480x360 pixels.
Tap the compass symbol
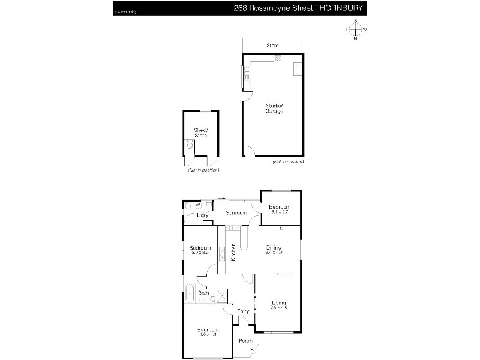pos(356,29)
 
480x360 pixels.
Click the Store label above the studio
pos(273,46)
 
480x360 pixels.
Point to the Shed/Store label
pos(200,133)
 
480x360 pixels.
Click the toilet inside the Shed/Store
pos(190,145)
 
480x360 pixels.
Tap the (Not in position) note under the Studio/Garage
pos(287,162)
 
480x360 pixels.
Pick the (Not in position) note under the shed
pos(203,170)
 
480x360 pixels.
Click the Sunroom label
pos(236,213)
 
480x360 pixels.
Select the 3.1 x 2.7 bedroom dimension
pos(280,212)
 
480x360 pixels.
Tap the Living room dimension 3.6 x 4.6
pos(279,307)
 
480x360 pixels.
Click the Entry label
pos(243,311)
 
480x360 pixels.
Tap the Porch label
pos(245,341)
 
